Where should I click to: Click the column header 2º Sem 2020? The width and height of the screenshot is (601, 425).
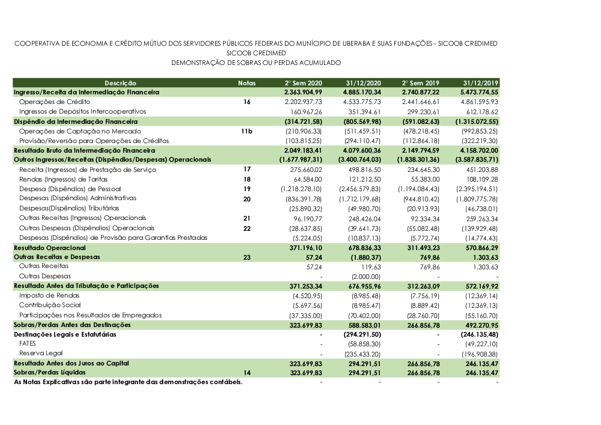coord(304,82)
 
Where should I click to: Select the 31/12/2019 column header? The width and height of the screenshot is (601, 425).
coord(481,82)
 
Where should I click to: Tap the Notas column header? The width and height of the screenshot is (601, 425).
coord(246,82)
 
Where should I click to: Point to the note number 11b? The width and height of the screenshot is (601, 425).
coord(246,131)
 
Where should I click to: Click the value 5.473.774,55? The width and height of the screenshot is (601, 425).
coord(478,93)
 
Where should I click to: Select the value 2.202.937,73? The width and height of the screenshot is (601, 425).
coord(303,102)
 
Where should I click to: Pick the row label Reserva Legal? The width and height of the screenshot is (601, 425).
coord(41,353)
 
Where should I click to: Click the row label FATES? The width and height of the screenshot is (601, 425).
coord(28,344)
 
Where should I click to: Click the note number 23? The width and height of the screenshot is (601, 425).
coord(246,257)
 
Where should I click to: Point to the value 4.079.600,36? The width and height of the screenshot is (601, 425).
coord(359,150)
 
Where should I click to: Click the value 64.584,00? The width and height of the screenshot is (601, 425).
coord(307,179)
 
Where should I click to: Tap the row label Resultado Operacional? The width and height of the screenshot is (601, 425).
coord(50,247)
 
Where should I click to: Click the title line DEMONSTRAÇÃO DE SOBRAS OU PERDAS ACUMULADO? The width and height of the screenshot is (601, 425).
coord(256,63)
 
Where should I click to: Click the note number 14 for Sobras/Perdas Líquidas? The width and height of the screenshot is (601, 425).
coord(246,373)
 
